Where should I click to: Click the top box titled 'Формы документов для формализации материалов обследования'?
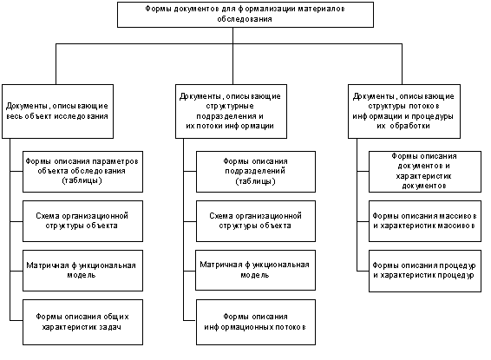pyautogui.click(x=245, y=15)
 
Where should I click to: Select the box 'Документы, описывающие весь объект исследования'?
pyautogui.click(x=57, y=111)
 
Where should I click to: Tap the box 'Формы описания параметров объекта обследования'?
pyautogui.click(x=82, y=172)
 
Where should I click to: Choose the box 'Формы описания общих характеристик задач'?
pyautogui.click(x=82, y=322)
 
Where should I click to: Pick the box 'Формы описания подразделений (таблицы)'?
pyautogui.click(x=256, y=172)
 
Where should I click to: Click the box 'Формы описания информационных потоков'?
pyautogui.click(x=256, y=322)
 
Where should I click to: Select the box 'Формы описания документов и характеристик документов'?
pyautogui.click(x=425, y=172)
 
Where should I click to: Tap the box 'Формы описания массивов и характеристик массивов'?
pyautogui.click(x=425, y=221)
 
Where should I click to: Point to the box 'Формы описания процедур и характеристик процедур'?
pyautogui.click(x=425, y=271)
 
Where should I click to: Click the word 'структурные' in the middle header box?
pyautogui.click(x=230, y=107)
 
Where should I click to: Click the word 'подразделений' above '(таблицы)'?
pyautogui.click(x=255, y=171)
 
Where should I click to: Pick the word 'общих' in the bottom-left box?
pyautogui.click(x=118, y=317)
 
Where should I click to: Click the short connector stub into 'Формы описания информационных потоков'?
pyautogui.click(x=190, y=320)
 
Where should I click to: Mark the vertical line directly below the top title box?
pyautogui.click(x=232, y=56)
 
